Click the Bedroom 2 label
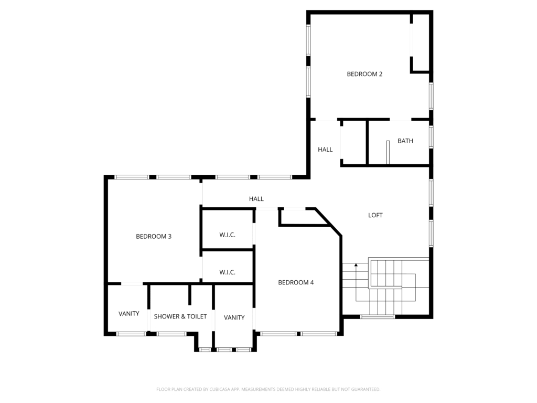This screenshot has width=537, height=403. click(364, 74)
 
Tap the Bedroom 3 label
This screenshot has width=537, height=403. click(154, 237)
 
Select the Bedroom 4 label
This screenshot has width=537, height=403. click(296, 283)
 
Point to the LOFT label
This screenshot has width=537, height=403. click(375, 215)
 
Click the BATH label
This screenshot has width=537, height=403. click(405, 141)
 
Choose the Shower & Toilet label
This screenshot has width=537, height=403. click(180, 316)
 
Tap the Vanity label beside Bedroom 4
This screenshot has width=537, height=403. click(234, 317)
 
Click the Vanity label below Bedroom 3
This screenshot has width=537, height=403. click(129, 314)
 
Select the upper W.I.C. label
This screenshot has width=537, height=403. click(228, 235)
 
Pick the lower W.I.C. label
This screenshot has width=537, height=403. click(228, 272)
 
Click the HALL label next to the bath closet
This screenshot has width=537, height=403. click(325, 150)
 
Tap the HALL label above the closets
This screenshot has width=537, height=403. click(256, 199)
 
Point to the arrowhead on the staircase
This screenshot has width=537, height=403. click(356, 265)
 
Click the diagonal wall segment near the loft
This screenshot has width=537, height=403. click(328, 222)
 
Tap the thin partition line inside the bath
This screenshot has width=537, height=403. click(388, 152)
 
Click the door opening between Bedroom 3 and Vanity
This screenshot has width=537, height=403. click(132, 284)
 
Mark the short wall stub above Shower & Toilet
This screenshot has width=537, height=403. click(190, 294)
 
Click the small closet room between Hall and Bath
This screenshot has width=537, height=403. click(354, 143)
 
